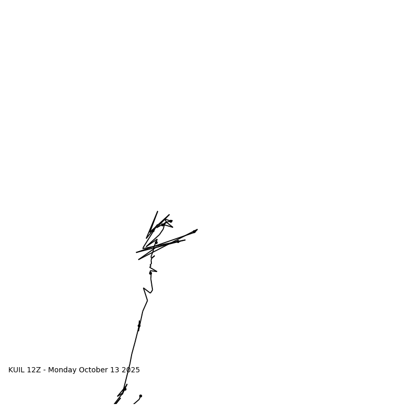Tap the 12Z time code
coord(34,370)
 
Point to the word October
coord(94,370)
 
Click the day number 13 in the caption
coord(115,370)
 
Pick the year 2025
coord(131,370)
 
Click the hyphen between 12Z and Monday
coord(44,370)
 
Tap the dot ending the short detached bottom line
coord(140,396)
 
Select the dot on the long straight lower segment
coord(139,326)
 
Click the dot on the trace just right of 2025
coord(125,389)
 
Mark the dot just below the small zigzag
coord(150,273)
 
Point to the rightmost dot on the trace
coord(194,232)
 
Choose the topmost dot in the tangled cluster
coord(171,221)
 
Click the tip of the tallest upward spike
coord(158,212)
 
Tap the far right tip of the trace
coord(197,230)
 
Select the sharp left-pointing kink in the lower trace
coord(144,288)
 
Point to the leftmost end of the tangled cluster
coord(136,253)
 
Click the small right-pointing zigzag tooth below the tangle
coord(157,271)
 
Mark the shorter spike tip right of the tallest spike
coord(169,215)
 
